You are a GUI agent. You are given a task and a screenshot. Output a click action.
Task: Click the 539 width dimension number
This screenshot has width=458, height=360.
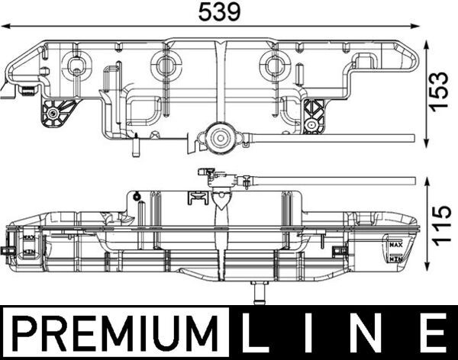click(219, 12)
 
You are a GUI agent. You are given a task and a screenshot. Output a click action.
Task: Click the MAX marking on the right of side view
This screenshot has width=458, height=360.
click(395, 246)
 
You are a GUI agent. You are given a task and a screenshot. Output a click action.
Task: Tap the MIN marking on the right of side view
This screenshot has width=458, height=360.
click(395, 259)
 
